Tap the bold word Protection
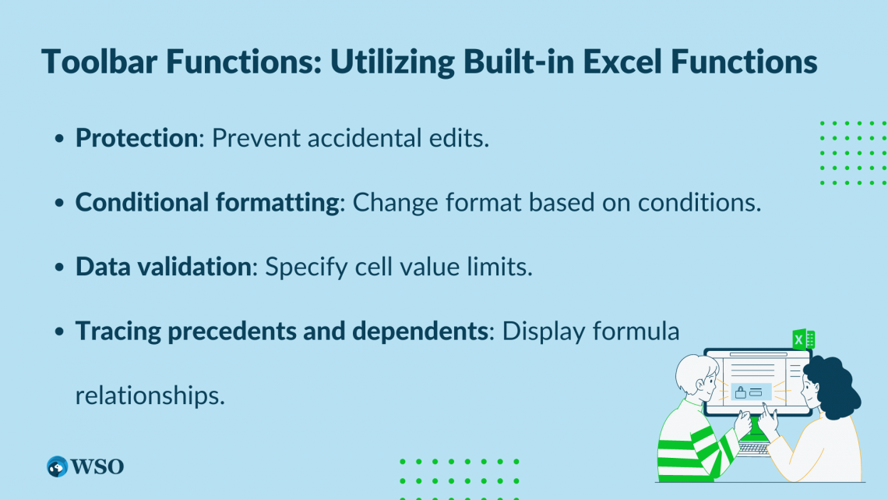(136, 138)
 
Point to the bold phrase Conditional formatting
(207, 202)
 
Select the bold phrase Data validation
(162, 267)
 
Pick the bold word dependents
(420, 331)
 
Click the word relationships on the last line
(150, 395)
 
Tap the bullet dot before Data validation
(59, 268)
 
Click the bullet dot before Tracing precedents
(59, 332)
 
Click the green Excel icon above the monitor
(803, 340)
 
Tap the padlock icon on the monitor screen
(740, 392)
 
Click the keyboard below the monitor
(752, 449)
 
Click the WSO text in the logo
(97, 466)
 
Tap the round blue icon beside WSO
(58, 466)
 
